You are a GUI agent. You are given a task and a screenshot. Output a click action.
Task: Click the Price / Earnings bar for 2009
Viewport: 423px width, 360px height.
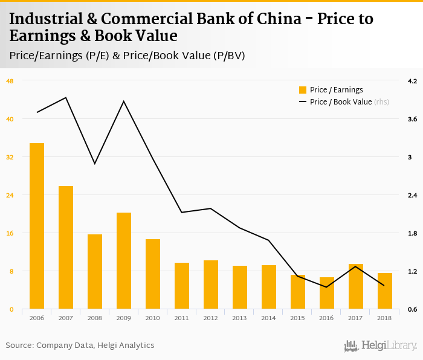coord(124,260)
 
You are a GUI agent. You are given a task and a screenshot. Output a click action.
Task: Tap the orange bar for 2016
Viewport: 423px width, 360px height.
coord(327,293)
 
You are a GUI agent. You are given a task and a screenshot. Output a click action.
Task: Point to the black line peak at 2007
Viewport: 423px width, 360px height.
coord(66,97)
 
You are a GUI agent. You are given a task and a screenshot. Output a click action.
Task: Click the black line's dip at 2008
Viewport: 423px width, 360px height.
coord(95,164)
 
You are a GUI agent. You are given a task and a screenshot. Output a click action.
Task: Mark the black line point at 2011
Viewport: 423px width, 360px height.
coord(182,212)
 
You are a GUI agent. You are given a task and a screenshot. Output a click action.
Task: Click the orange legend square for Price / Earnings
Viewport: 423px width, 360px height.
coord(303,90)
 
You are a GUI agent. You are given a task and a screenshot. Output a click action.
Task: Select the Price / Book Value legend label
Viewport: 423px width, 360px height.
coord(341,102)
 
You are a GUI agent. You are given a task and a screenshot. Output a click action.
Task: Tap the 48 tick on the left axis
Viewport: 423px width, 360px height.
coord(10,81)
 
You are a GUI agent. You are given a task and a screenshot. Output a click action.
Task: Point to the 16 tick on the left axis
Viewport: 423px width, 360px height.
coord(10,233)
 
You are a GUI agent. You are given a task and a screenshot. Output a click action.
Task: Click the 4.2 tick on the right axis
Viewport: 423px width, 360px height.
coord(413,81)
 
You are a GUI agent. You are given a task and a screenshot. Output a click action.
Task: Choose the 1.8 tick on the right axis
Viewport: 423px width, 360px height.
coord(413,233)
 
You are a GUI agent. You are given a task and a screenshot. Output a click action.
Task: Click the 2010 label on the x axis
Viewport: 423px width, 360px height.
coord(153,318)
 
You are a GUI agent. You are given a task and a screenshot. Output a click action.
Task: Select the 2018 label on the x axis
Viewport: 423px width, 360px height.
coord(385,318)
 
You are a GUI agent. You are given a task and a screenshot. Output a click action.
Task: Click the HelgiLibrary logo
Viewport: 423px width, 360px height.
coord(380,346)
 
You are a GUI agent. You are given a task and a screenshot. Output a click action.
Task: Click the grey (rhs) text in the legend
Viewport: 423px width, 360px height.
coord(382,102)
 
